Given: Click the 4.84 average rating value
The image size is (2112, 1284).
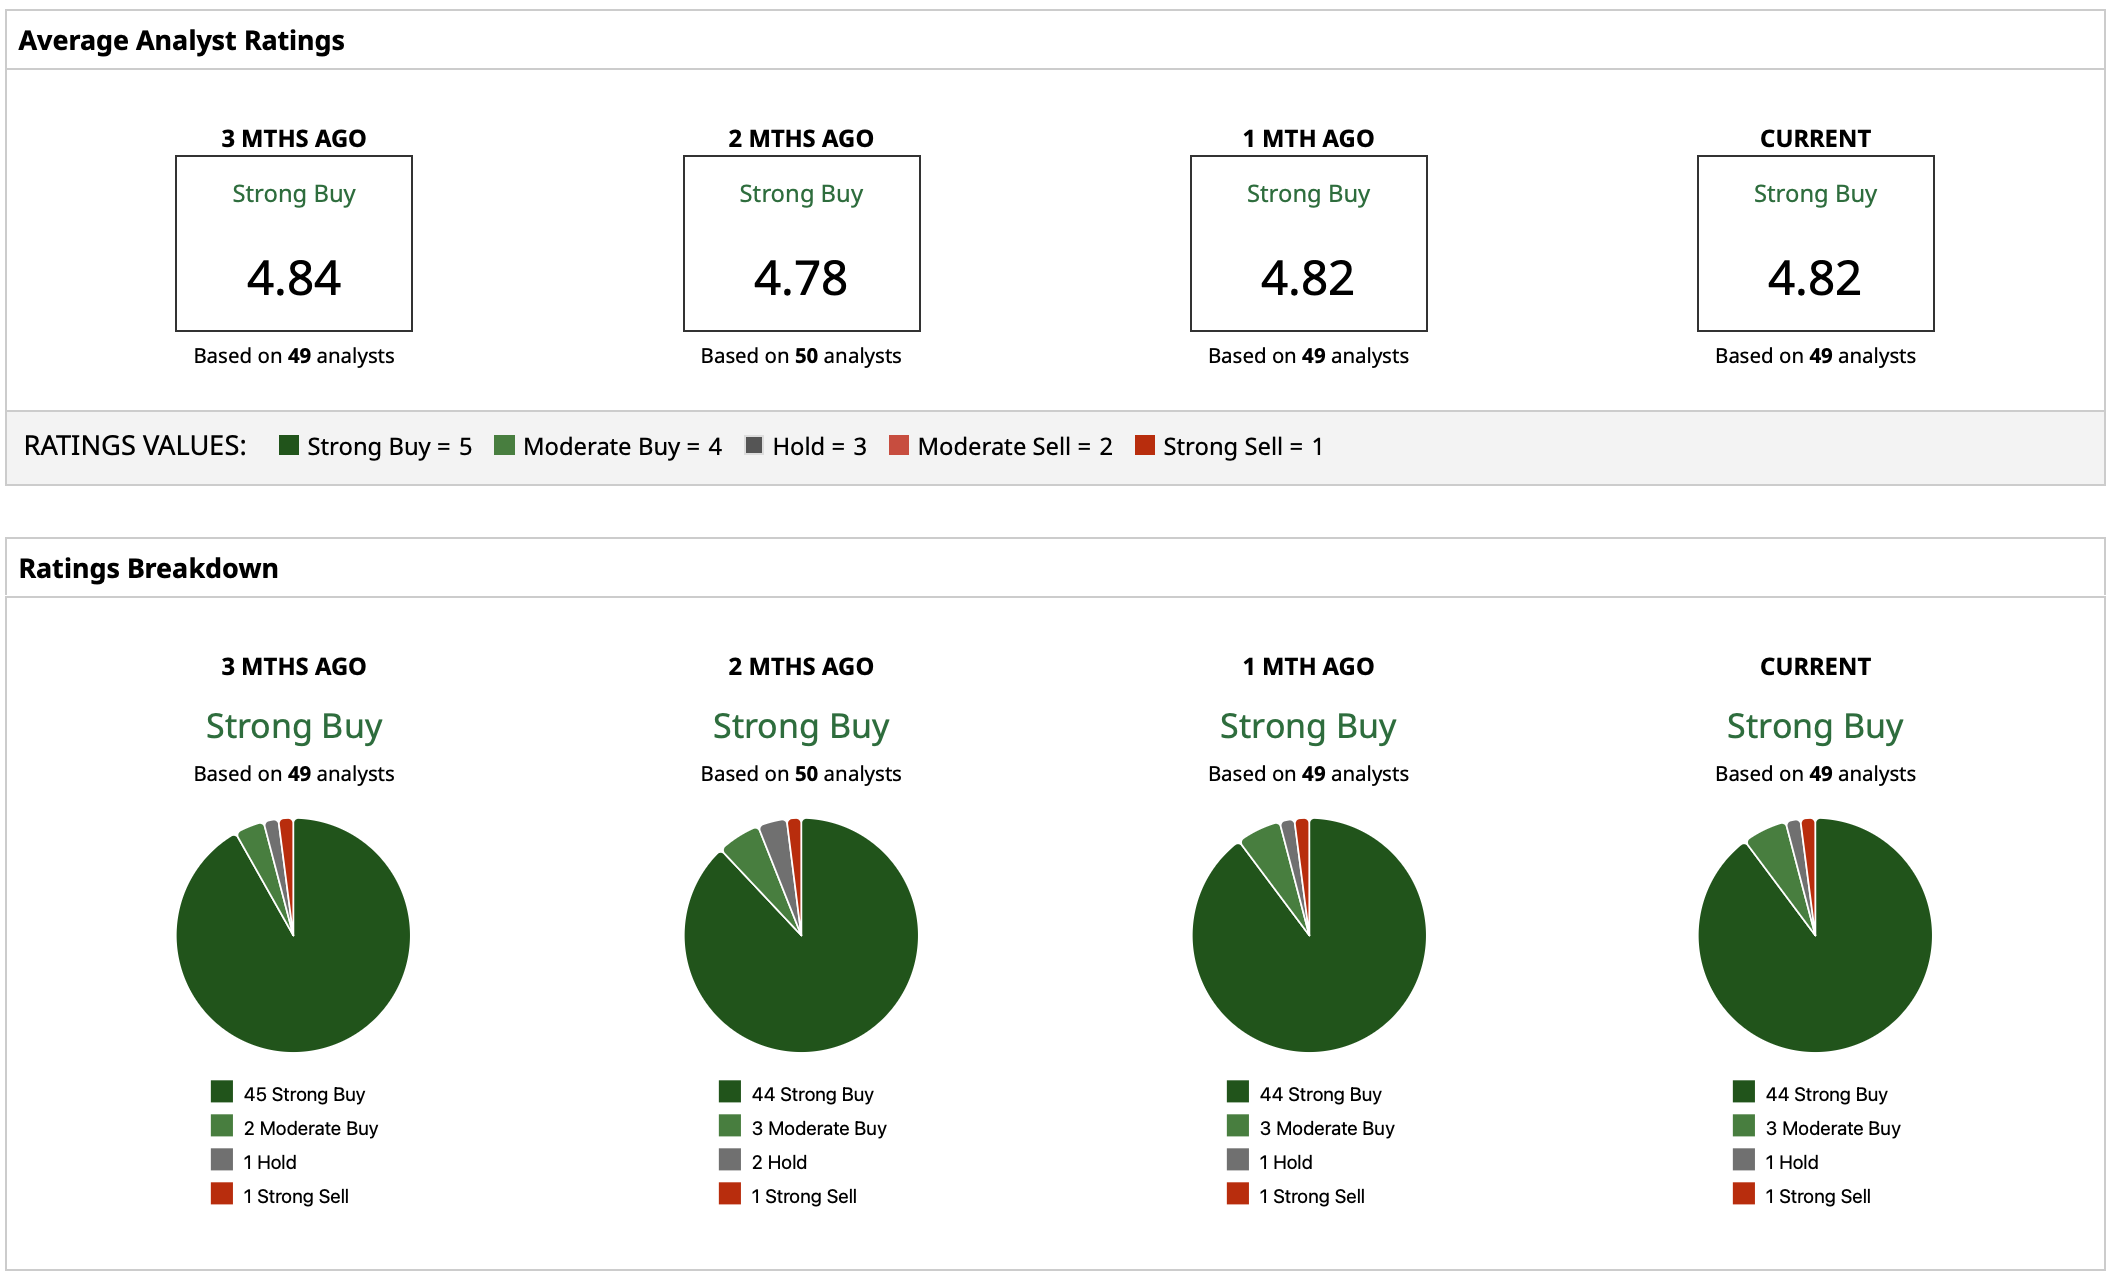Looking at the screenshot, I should pyautogui.click(x=294, y=278).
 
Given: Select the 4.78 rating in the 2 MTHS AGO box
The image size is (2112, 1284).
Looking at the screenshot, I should pyautogui.click(x=801, y=278).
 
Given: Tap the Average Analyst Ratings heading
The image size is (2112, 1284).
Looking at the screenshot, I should pyautogui.click(x=181, y=41).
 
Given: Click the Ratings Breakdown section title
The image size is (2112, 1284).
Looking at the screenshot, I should pyautogui.click(x=148, y=569).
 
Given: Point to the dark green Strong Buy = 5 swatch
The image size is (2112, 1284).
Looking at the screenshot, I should pyautogui.click(x=289, y=446).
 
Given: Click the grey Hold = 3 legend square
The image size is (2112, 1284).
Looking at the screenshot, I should pyautogui.click(x=754, y=446).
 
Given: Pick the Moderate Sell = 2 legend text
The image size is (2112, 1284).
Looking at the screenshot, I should pyautogui.click(x=1014, y=447).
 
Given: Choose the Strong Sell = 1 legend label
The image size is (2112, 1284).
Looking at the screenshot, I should pyautogui.click(x=1242, y=447).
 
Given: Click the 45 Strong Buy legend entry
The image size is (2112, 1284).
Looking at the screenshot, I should pyautogui.click(x=304, y=1094).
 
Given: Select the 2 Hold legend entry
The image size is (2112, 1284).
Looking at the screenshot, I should pyautogui.click(x=779, y=1162).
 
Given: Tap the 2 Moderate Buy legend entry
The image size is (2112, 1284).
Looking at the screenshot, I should pyautogui.click(x=310, y=1128).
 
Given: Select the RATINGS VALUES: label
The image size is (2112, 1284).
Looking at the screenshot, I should pyautogui.click(x=135, y=446).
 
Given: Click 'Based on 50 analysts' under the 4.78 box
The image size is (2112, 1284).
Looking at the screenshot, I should pyautogui.click(x=801, y=356).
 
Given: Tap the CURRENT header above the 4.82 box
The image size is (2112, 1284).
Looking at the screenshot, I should pyautogui.click(x=1815, y=139).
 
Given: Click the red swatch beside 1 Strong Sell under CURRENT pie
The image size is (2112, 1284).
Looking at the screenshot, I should pyautogui.click(x=1744, y=1194).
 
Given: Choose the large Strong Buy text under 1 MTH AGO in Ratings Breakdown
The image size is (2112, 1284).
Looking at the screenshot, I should pyautogui.click(x=1308, y=727).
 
